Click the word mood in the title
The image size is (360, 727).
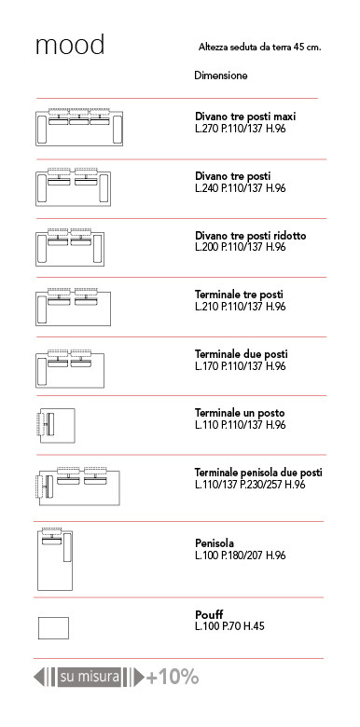click(70, 45)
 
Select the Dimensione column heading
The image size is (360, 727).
click(221, 75)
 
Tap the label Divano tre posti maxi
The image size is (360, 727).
click(245, 117)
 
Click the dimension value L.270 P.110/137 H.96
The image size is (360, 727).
click(241, 129)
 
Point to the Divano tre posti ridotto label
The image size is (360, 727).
click(251, 236)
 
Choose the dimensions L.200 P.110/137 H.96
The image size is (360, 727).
click(241, 247)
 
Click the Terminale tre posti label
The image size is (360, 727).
click(239, 295)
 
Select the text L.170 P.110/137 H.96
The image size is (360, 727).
click(241, 366)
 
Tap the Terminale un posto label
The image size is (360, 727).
click(240, 413)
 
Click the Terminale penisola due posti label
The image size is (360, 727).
click(258, 473)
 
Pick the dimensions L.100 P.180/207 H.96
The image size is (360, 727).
click(241, 556)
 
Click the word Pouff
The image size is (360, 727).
click(209, 615)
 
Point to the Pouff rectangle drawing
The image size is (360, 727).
click(53, 628)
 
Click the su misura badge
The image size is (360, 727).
click(90, 677)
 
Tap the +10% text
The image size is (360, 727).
click(173, 678)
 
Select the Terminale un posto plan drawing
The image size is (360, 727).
click(56, 426)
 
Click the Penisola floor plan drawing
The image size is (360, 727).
click(54, 558)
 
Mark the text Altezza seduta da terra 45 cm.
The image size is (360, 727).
click(260, 48)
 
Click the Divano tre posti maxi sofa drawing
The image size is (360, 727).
click(79, 127)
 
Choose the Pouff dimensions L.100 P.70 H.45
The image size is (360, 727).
click(229, 627)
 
